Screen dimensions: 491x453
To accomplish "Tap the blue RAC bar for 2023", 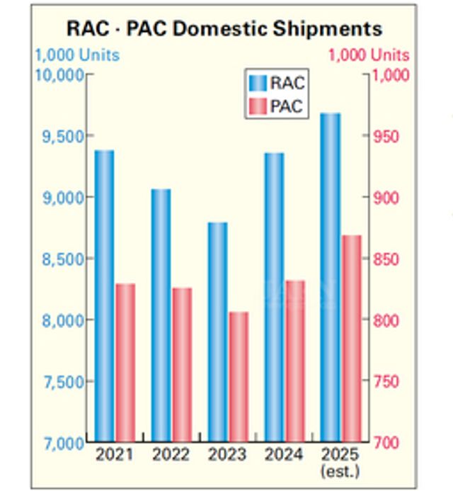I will click(x=217, y=332).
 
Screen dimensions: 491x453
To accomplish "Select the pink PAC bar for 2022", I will click(x=182, y=365).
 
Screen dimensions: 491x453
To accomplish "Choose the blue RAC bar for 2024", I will click(x=274, y=298).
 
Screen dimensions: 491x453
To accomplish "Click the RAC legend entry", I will click(x=277, y=83).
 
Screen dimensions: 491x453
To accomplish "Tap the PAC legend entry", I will click(x=277, y=107).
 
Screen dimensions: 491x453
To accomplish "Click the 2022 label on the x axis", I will click(x=171, y=454).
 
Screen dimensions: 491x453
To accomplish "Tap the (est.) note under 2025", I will click(x=340, y=470).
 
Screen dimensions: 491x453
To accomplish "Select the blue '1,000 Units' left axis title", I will click(x=78, y=55).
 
